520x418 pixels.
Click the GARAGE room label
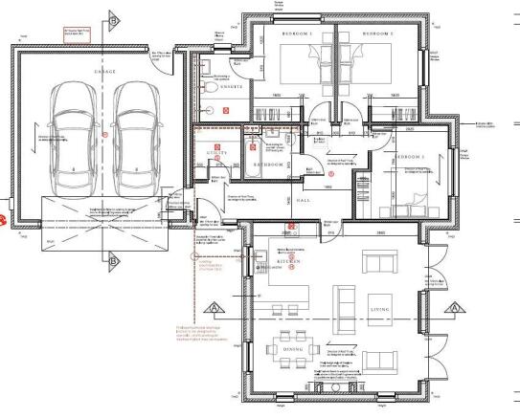[104, 71]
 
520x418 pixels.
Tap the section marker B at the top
[113, 16]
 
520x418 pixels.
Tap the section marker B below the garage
[113, 258]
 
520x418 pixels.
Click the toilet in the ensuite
[207, 85]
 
